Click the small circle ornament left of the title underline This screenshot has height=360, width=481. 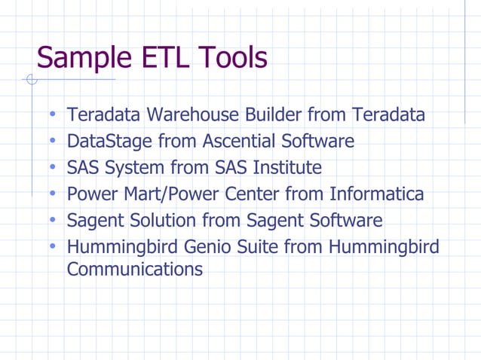click(31, 80)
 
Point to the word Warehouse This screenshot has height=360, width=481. click(192, 115)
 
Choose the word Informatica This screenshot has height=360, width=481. click(376, 194)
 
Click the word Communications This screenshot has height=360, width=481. click(134, 269)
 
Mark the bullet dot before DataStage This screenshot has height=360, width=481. click(53, 142)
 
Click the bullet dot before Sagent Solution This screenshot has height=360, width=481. click(53, 221)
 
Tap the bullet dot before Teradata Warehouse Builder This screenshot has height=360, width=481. click(53, 115)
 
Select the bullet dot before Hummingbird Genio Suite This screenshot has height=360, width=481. click(53, 247)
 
